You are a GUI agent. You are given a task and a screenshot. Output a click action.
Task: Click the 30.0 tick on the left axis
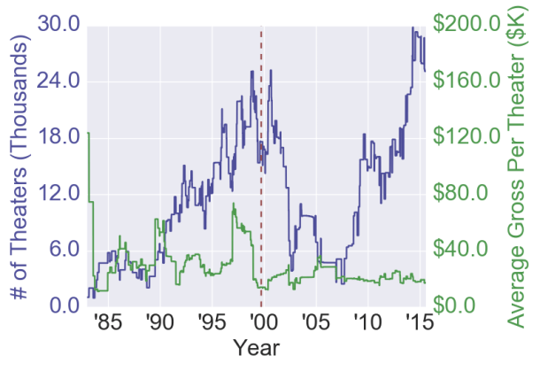(x=61, y=25)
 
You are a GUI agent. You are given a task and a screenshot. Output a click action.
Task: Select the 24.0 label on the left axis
(x=61, y=81)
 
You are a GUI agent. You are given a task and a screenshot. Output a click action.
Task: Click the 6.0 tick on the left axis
(x=67, y=250)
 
